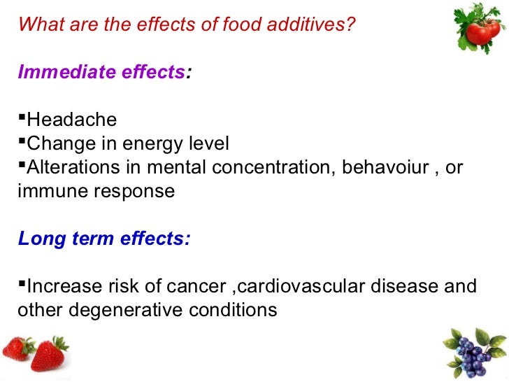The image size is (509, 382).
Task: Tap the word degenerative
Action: [125, 310]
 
